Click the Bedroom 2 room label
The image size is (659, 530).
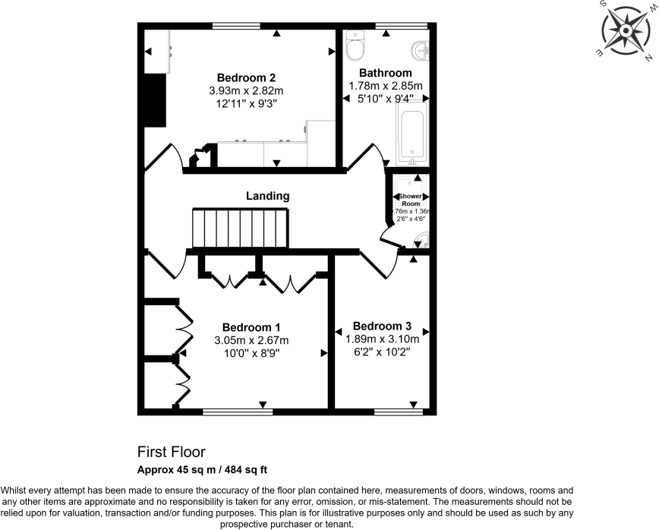coord(246,77)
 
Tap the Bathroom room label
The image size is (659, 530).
coord(386,73)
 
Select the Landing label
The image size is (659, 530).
coord(267,196)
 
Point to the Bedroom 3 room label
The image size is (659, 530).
coord(382,326)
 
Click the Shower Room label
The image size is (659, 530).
coord(410,200)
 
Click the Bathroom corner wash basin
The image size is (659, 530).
coord(419,50)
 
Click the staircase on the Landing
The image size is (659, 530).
coord(240,229)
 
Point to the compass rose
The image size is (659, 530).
coord(626,31)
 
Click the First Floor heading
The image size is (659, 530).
coord(171,452)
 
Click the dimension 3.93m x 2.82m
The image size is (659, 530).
coord(245,91)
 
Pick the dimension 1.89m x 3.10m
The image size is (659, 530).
coord(382,339)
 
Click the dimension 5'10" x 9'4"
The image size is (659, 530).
coord(386,99)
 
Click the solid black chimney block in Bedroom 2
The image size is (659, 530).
coord(156,99)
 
